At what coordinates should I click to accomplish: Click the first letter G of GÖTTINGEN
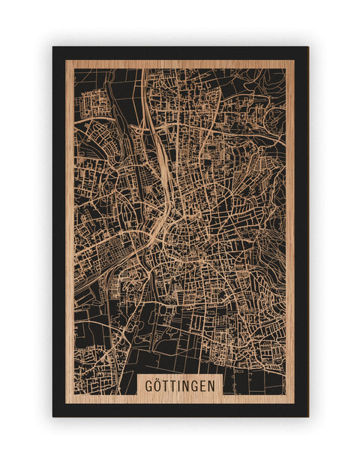148,385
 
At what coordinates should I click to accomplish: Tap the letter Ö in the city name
157,385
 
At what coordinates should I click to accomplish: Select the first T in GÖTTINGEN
165,385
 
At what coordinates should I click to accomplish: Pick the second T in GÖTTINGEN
172,385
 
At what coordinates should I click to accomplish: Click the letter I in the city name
178,385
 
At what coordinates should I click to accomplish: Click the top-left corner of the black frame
53,47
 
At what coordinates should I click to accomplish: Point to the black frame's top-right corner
307,47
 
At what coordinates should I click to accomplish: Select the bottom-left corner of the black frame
53,416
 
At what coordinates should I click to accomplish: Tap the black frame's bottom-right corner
307,416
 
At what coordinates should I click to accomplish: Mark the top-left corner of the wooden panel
66,60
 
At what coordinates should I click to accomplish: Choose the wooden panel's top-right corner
295,60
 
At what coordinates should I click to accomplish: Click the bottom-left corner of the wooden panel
66,403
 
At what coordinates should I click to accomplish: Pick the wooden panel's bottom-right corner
295,403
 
